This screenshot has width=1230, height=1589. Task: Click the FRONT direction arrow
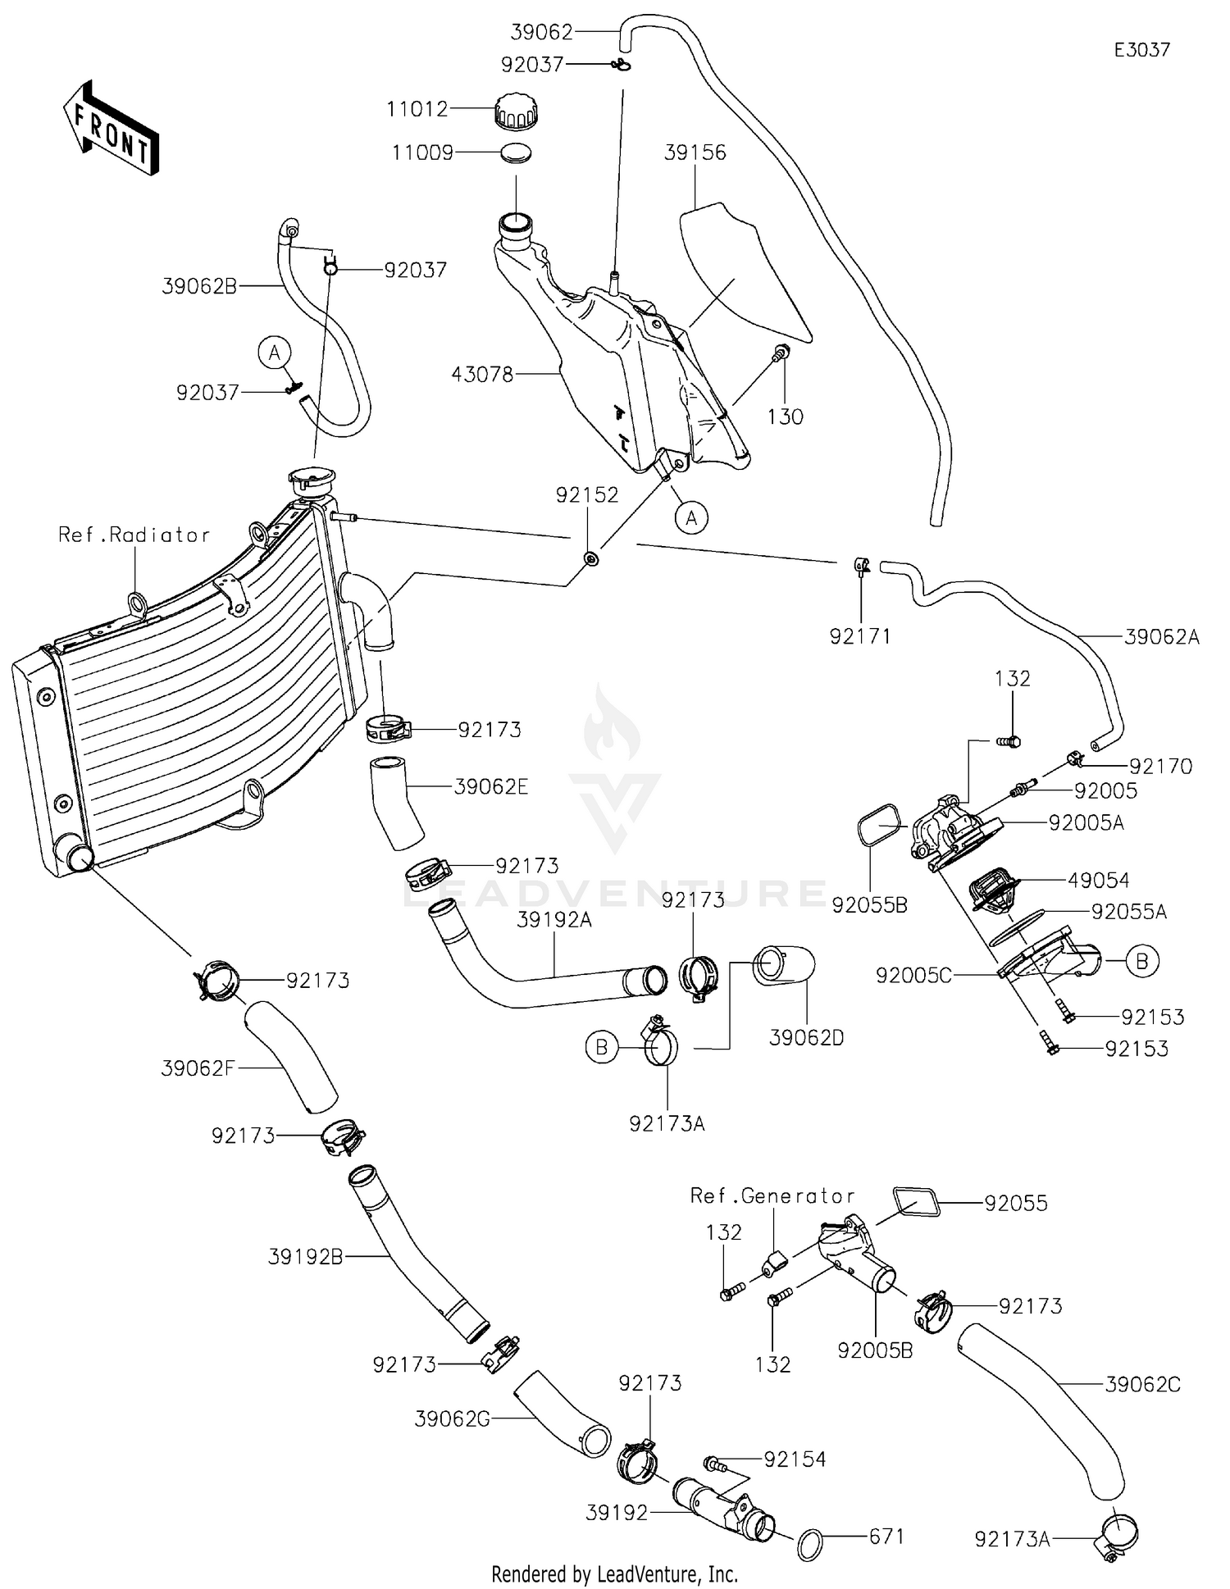pos(111,130)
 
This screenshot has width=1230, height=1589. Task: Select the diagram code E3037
pos(1141,50)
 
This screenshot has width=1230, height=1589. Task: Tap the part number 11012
pos(417,109)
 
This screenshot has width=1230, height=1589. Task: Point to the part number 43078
pos(482,375)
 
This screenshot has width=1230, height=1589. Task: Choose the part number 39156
pos(695,153)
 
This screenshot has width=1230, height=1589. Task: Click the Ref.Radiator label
pos(134,535)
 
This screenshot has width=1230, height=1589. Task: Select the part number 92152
pos(587,495)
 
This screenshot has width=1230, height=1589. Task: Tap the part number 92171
pos(860,636)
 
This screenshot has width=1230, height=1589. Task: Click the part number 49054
pos(1099,881)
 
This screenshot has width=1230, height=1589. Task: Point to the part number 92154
pos(795,1459)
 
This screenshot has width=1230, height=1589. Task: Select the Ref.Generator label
pos(772,1196)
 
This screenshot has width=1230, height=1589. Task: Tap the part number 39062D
pos(806,1038)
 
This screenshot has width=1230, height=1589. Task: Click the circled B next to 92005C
pos(1142,961)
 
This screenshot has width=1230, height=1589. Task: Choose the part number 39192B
pos(305,1256)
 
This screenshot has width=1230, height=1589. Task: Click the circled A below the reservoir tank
pos(692,518)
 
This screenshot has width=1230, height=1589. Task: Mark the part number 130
pos(785,417)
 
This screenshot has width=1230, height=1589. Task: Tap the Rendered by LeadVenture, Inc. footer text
pos(614,1574)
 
